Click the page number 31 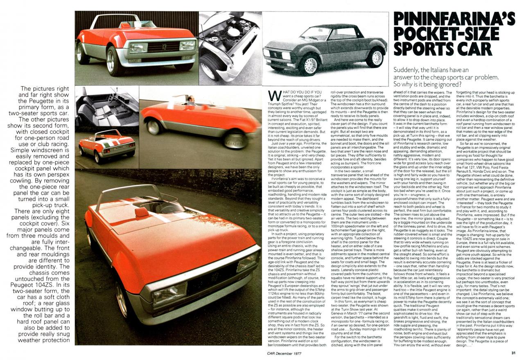point(513,353)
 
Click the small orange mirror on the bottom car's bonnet point(141,212)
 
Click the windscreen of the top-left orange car point(135,25)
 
